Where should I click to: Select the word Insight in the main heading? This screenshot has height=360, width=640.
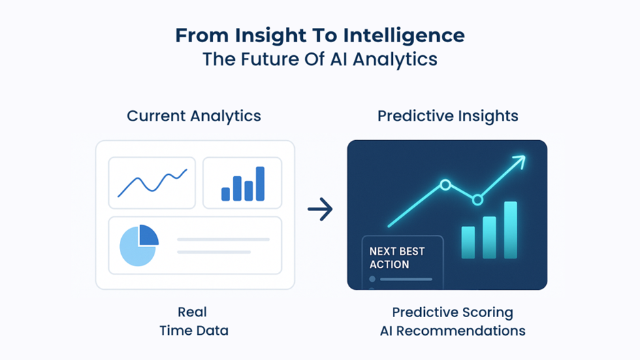pyautogui.click(x=259, y=35)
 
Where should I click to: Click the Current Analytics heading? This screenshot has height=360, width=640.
pyautogui.click(x=194, y=116)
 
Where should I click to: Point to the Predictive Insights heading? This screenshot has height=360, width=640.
pyautogui.click(x=448, y=116)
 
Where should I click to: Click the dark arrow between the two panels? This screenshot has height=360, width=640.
pyautogui.click(x=320, y=210)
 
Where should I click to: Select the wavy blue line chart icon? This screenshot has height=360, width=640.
pyautogui.click(x=152, y=182)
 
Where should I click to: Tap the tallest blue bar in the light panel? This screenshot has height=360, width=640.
pyautogui.click(x=260, y=184)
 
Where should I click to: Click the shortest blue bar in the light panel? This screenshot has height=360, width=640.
pyautogui.click(x=225, y=194)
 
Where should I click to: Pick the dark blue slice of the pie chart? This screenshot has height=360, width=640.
pyautogui.click(x=148, y=235)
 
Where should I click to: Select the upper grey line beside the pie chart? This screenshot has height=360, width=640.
pyautogui.click(x=223, y=240)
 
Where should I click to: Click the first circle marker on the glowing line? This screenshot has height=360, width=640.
pyautogui.click(x=445, y=184)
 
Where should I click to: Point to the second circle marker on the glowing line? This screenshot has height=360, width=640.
pyautogui.click(x=477, y=199)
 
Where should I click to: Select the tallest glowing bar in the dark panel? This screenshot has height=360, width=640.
pyautogui.click(x=510, y=230)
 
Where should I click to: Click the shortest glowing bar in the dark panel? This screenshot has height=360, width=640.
pyautogui.click(x=468, y=242)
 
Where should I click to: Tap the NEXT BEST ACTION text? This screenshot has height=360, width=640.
pyautogui.click(x=397, y=258)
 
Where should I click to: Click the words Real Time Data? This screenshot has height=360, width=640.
pyautogui.click(x=193, y=322)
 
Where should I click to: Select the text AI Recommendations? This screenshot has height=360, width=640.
pyautogui.click(x=452, y=331)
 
